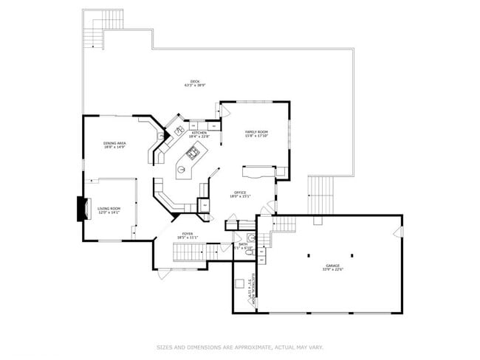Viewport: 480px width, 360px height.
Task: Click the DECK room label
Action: click(195, 83)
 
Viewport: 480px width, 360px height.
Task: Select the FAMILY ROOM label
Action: click(256, 134)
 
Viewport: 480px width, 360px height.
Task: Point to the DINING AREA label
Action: click(114, 145)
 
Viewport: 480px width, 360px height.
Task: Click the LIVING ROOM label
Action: click(109, 210)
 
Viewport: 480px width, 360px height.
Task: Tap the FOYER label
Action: click(188, 235)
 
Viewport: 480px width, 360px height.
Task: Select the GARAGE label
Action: click(334, 266)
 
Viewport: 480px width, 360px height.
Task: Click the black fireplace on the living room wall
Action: click(79, 208)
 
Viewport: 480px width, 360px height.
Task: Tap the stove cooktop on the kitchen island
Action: click(193, 153)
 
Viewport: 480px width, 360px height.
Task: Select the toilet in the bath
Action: click(250, 253)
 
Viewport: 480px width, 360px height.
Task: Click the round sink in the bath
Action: click(251, 238)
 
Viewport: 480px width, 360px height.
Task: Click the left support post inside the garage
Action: click(308, 255)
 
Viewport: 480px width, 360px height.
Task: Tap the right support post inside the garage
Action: click(352, 255)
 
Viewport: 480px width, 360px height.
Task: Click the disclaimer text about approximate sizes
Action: click(240, 346)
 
